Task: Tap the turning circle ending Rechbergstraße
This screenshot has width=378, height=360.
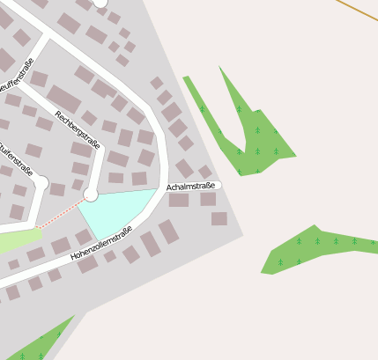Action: [91, 194]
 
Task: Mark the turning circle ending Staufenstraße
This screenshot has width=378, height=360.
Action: [41, 182]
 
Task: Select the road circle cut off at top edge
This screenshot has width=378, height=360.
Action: [100, 4]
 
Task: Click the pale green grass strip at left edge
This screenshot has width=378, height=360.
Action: [18, 239]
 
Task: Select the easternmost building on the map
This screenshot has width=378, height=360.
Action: [219, 217]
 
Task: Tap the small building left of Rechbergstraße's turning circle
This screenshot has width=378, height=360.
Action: [77, 185]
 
